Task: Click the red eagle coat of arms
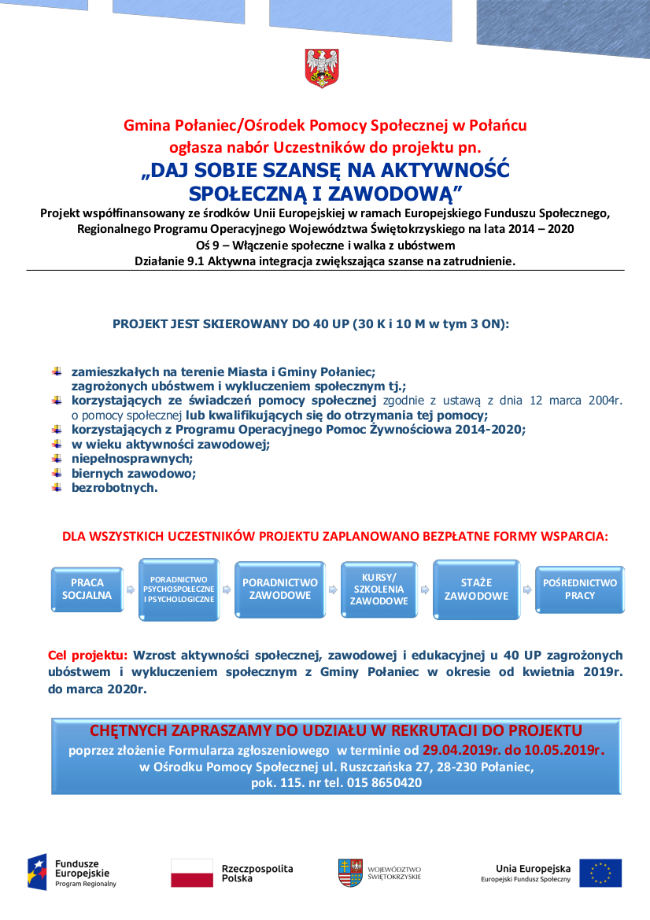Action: pos(321,68)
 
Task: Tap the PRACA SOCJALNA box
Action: pos(87,589)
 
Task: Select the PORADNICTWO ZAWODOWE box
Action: pos(280,589)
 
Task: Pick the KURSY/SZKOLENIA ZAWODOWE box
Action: pos(379,589)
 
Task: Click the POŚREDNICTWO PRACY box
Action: pos(580,589)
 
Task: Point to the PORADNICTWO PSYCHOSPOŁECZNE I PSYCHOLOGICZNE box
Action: pos(179,589)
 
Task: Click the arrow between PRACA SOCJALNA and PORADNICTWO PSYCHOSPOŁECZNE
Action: pos(131,589)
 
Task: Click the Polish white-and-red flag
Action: pos(192,873)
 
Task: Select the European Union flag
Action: pos(600,873)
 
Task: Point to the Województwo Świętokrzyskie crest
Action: pos(351,873)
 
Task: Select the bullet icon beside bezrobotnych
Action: pos(57,487)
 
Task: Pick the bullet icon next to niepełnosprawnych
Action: pos(57,458)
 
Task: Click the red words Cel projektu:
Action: pos(87,655)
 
